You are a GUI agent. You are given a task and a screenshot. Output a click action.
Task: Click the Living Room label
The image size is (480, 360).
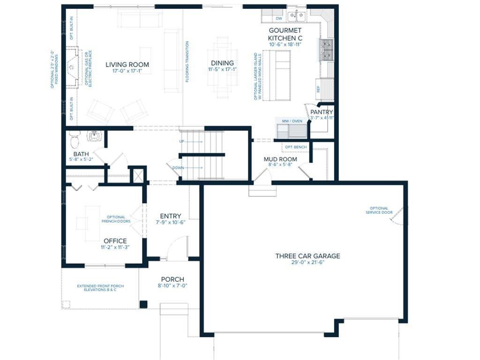pos(127,65)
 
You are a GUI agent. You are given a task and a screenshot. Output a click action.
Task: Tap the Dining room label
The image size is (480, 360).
pos(222,63)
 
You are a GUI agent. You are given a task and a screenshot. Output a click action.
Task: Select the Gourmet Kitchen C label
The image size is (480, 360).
pos(285,34)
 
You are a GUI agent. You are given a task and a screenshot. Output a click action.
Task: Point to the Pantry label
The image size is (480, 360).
pos(322,112)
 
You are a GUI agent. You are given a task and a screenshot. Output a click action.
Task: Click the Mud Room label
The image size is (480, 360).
pos(280,159)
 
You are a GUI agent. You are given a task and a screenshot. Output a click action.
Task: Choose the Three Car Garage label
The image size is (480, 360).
pos(307,256)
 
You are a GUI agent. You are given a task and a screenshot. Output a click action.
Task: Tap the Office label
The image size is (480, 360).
pos(115,241)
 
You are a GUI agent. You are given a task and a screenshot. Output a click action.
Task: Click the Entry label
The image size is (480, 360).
pos(171,216)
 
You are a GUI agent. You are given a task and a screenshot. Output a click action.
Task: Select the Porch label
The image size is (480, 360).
pos(172,279)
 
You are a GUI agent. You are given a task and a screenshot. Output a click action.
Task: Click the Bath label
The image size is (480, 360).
pos(81,154)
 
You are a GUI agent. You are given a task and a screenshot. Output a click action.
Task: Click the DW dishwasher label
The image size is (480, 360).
pos(279,19)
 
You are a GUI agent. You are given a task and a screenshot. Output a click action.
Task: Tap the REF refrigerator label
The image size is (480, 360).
pos(318,89)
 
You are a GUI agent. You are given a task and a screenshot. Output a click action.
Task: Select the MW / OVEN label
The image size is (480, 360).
pos(292,121)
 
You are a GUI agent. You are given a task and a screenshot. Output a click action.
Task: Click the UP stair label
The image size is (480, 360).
pos(182,141)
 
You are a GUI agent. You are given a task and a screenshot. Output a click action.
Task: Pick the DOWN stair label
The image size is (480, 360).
pos(178,167)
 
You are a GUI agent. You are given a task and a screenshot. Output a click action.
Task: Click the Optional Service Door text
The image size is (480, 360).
pos(379,210)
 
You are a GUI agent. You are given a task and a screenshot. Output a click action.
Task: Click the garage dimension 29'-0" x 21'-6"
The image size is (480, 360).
pos(307,262)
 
